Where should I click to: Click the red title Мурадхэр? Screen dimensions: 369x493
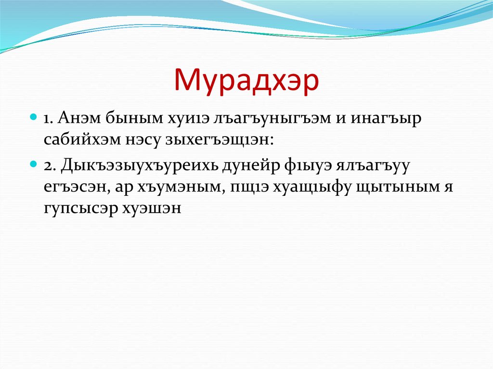click(246, 81)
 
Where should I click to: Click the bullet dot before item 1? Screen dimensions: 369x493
click(34, 117)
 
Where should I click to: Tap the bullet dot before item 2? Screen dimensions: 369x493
click(34, 164)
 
